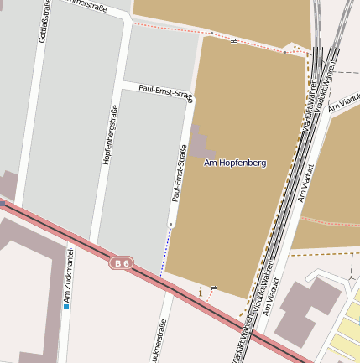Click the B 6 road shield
point(123,263)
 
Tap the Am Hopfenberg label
point(235,163)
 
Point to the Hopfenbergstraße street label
point(107,134)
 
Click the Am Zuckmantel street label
point(69,274)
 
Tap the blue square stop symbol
point(66,307)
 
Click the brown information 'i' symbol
point(201,292)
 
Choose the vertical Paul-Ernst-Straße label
point(178,174)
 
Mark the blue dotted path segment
point(165,252)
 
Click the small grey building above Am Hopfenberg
point(199,143)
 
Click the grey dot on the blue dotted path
point(170,225)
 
